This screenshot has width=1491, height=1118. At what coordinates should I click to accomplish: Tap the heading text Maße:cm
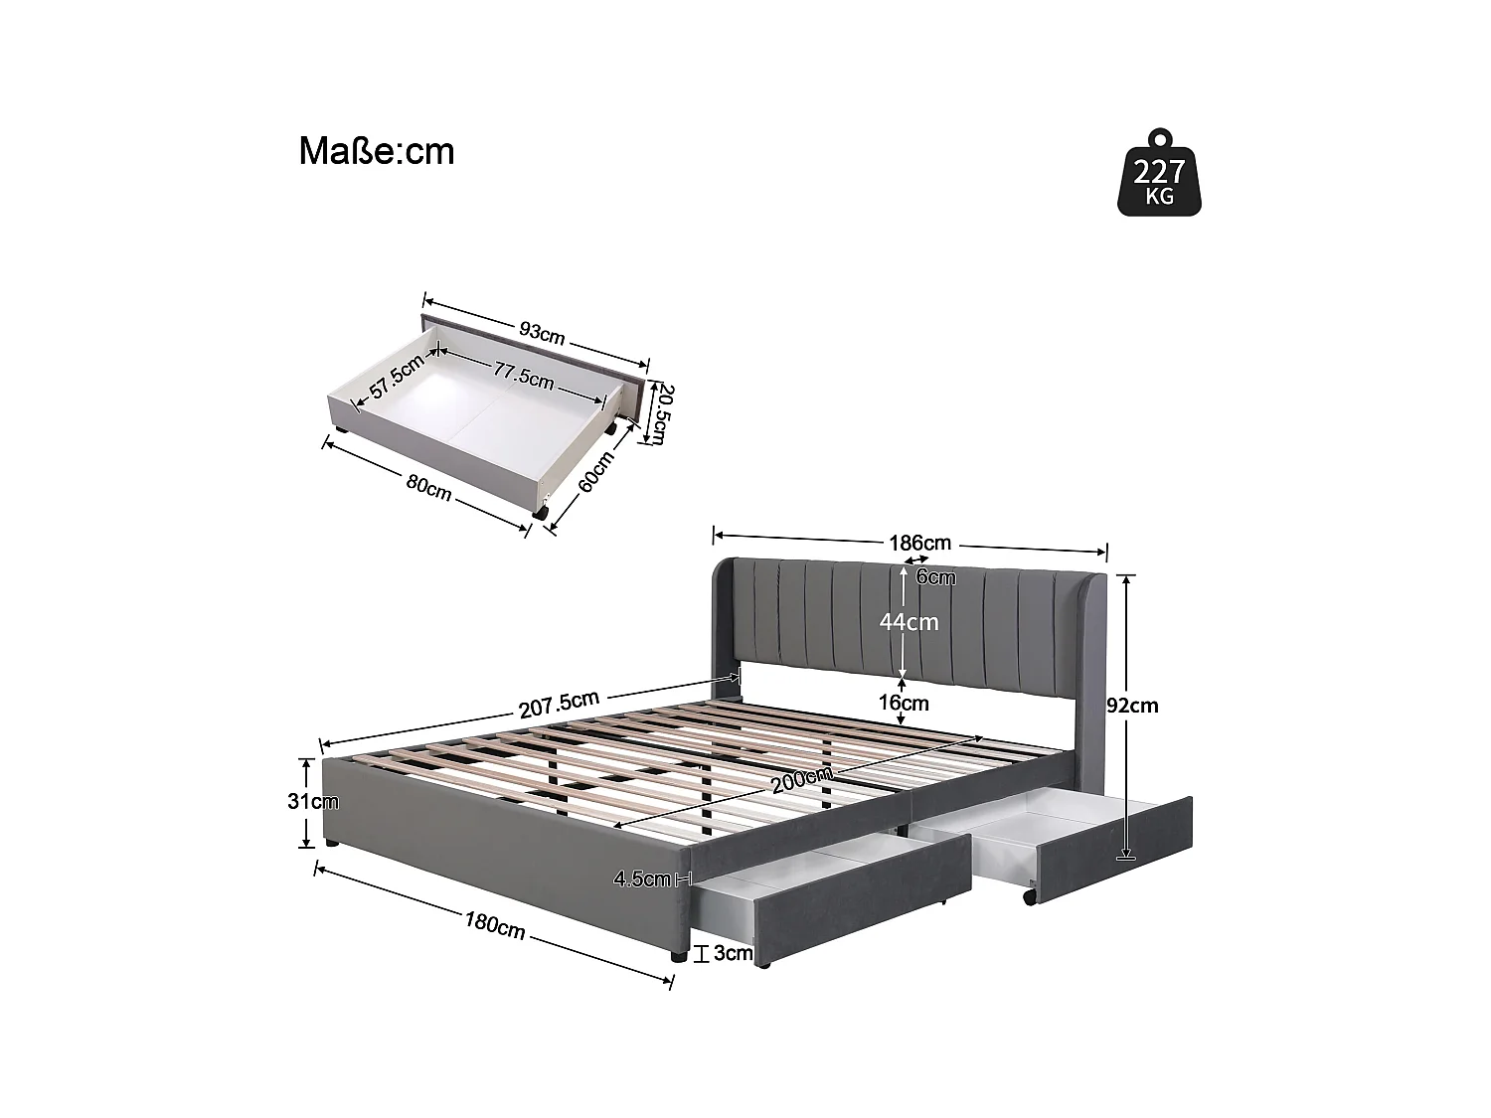[377, 152]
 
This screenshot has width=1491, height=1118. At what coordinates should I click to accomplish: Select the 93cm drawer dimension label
[542, 332]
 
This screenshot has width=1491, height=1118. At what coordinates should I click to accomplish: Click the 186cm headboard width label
[919, 544]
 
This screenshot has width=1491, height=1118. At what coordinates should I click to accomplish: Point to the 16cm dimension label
[904, 704]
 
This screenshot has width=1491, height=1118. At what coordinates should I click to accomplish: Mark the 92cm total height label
[1133, 706]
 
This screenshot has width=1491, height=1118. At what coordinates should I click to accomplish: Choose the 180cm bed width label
[494, 924]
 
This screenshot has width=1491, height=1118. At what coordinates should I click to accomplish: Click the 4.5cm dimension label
[642, 878]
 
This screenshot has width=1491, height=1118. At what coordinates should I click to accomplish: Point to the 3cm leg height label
[733, 954]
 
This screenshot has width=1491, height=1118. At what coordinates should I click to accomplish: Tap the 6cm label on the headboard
[935, 577]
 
